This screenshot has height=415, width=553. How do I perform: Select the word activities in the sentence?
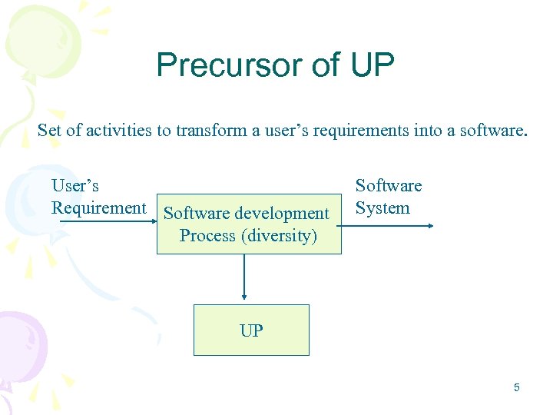[119, 131]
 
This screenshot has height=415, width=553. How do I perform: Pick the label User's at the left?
[75, 186]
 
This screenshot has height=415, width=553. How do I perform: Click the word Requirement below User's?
[98, 207]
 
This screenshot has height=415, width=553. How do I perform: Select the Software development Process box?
[248, 224]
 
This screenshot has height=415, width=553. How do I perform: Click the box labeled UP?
[250, 330]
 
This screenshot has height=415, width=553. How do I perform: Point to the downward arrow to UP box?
[244, 277]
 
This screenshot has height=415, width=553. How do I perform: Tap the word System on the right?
[382, 207]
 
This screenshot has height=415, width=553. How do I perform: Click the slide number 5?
[516, 387]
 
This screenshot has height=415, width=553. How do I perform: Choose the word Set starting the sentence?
[49, 131]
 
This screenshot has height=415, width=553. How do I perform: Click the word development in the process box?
[282, 214]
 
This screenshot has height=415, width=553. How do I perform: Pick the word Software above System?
[388, 186]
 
